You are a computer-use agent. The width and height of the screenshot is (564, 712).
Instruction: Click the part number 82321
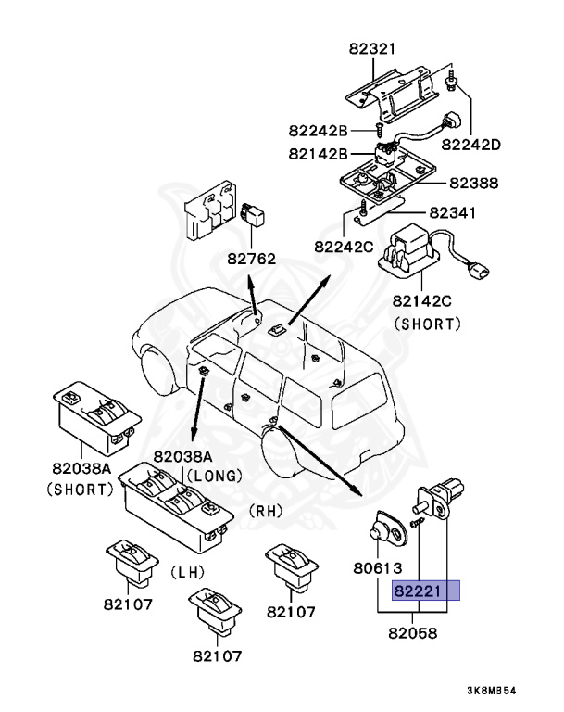pyautogui.click(x=372, y=48)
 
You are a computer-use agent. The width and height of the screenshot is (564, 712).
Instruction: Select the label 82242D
pyautogui.click(x=471, y=145)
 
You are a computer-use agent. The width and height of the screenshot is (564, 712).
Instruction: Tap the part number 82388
pyautogui.click(x=474, y=183)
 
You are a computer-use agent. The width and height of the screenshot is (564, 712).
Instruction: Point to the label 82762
pyautogui.click(x=251, y=259)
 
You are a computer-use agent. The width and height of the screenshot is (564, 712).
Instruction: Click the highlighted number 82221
pyautogui.click(x=418, y=591)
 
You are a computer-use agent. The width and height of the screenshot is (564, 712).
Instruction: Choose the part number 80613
pyautogui.click(x=378, y=567)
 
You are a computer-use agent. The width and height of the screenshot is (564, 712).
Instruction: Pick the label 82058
pyautogui.click(x=413, y=633)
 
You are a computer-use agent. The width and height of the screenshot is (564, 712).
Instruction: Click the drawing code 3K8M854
pyautogui.click(x=492, y=691)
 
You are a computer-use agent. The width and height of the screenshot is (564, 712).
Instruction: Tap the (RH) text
pyautogui.click(x=266, y=511)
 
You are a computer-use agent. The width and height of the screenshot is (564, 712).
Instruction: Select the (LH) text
pyautogui.click(x=188, y=572)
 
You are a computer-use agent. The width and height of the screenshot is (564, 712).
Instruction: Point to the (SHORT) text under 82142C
pyautogui.click(x=428, y=324)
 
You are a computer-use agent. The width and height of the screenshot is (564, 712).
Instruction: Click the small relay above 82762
pyautogui.click(x=253, y=215)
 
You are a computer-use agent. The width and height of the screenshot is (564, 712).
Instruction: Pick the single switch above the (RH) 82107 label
pyautogui.click(x=292, y=567)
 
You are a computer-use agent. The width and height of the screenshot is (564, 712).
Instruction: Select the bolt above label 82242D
pyautogui.click(x=452, y=81)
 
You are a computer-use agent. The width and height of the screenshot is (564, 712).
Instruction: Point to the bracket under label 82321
pyautogui.click(x=393, y=94)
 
